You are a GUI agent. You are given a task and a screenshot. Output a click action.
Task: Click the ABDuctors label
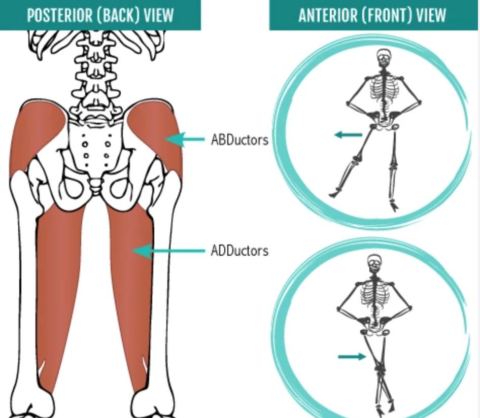click(239, 140)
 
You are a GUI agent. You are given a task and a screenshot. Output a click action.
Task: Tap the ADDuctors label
click(239, 251)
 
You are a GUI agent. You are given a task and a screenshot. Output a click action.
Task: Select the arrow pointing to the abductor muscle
click(185, 140)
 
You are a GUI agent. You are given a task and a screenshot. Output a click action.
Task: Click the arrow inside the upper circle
click(348, 135)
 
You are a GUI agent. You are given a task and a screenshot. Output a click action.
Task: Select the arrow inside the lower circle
click(352, 357)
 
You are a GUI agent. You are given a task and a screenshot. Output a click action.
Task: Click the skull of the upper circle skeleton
click(384, 57)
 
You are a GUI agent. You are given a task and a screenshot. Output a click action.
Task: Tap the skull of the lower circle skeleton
click(374, 263)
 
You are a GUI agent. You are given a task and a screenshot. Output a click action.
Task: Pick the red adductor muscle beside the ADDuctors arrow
click(129, 284)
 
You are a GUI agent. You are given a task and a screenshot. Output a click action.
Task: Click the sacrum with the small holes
click(96, 147)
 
